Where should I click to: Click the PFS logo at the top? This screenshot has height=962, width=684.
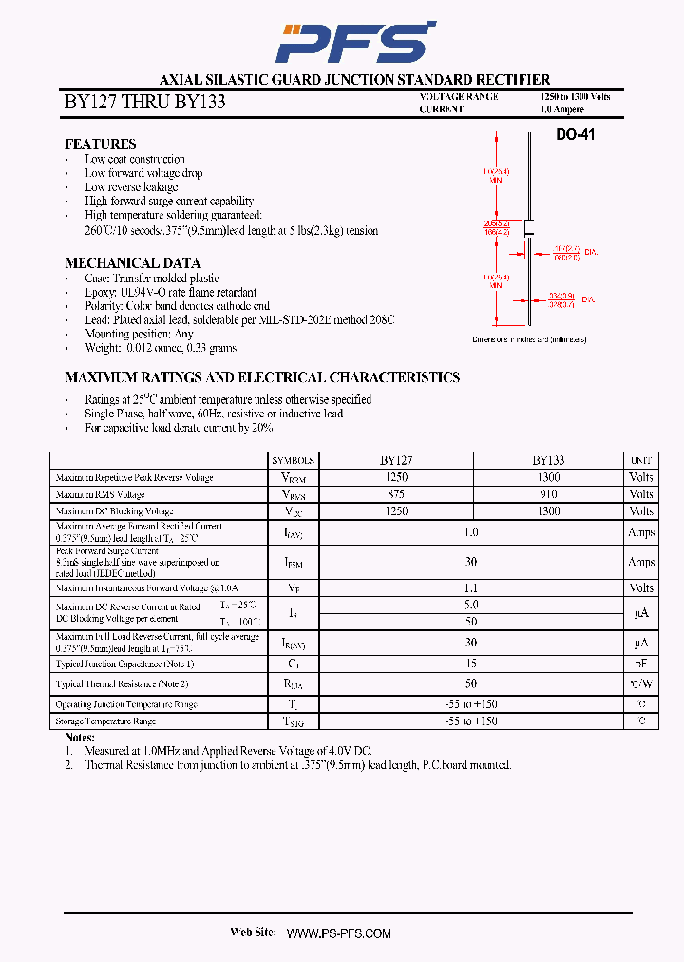[x=354, y=42]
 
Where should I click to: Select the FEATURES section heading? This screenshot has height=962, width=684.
[x=100, y=144]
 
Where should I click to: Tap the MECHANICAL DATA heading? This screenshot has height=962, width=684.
[x=132, y=263]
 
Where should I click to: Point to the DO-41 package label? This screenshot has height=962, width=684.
[x=575, y=136]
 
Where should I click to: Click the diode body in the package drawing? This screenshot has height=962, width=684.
[x=529, y=228]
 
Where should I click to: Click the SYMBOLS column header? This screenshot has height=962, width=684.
[x=293, y=460]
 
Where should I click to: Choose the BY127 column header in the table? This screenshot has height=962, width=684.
[x=396, y=460]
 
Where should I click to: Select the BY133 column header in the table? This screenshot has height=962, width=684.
[x=548, y=460]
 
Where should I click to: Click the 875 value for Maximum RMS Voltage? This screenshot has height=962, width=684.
[x=396, y=494]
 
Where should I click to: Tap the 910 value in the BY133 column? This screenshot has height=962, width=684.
[x=548, y=494]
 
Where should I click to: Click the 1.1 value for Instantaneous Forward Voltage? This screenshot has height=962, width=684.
[x=471, y=588]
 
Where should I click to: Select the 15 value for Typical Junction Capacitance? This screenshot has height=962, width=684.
[x=471, y=664]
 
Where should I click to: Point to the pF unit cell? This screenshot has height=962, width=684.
[x=641, y=664]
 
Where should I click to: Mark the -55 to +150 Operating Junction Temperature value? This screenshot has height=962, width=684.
[x=471, y=704]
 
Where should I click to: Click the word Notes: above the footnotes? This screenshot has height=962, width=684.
[x=80, y=738]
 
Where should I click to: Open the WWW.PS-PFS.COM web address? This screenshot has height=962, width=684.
[x=338, y=933]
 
